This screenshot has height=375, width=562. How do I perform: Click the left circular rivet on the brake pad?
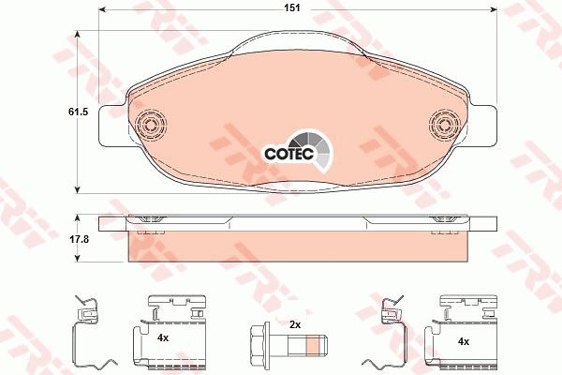click(x=149, y=124)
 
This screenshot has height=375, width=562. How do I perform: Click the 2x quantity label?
click(x=295, y=324)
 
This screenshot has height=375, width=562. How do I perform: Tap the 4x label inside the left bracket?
click(x=162, y=337)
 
